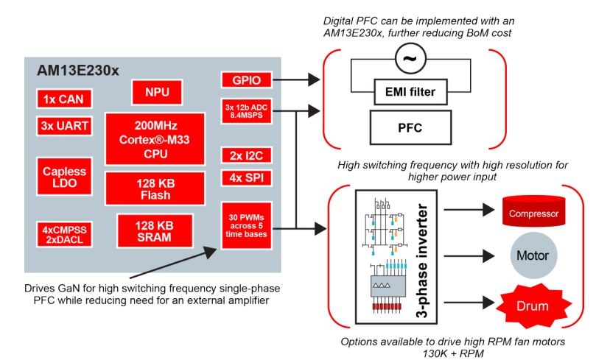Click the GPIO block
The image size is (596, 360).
click(x=242, y=80)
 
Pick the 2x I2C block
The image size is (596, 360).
click(x=242, y=155)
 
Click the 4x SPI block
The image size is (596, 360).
click(x=242, y=178)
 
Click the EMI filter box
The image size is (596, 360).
click(x=410, y=92)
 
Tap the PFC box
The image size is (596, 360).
click(x=410, y=127)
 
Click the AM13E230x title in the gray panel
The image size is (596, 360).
click(x=79, y=70)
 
